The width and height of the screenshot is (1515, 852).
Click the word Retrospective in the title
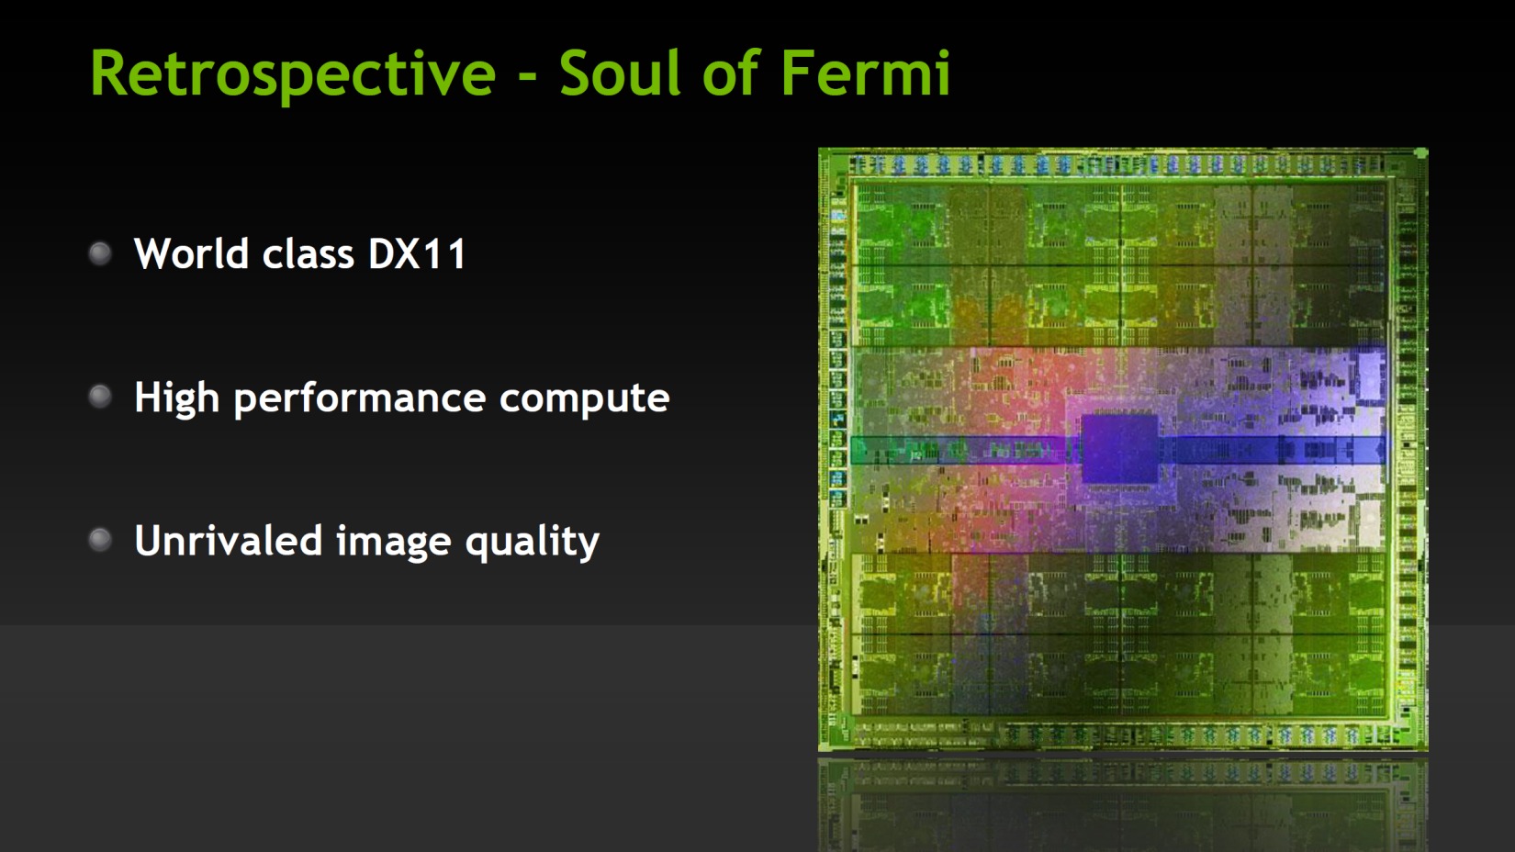click(293, 75)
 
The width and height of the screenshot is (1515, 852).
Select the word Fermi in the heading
click(866, 73)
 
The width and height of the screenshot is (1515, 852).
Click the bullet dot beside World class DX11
click(100, 253)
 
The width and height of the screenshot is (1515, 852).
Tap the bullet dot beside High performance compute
click(100, 397)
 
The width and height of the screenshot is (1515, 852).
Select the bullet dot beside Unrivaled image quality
click(100, 540)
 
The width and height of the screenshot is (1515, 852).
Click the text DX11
click(417, 254)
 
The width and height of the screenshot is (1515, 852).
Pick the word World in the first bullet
click(191, 253)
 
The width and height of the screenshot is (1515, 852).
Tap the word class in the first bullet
click(309, 253)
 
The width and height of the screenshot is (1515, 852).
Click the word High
click(177, 398)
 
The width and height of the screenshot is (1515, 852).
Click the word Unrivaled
click(228, 540)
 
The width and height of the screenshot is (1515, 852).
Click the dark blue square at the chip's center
click(1119, 448)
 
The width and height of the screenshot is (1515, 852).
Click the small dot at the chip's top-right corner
click(1421, 154)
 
